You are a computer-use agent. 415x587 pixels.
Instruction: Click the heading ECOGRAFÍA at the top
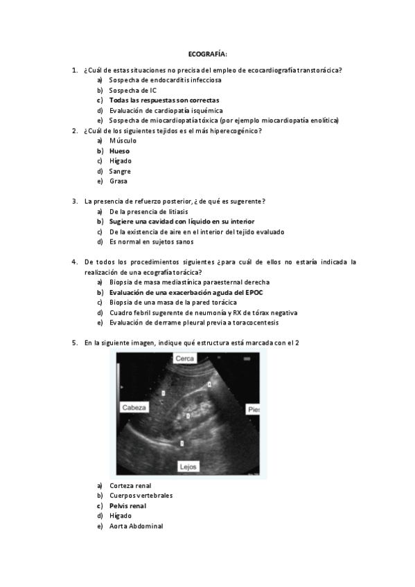[x=207, y=53]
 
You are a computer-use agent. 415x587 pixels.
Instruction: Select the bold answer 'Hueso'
[x=119, y=150]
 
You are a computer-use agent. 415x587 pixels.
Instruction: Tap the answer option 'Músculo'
[x=123, y=141]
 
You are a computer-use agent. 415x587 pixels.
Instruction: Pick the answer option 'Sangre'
[x=120, y=171]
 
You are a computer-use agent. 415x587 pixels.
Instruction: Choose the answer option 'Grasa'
[x=118, y=181]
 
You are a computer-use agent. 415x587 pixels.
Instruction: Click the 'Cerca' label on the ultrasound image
[x=184, y=359]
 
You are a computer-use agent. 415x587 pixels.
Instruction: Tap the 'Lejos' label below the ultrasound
[x=188, y=467]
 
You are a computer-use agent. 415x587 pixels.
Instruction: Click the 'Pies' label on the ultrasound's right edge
[x=254, y=410]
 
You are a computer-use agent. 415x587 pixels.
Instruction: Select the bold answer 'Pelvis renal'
[x=127, y=505]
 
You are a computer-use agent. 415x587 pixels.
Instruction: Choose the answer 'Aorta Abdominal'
[x=136, y=526]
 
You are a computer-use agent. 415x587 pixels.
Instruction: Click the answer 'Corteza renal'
[x=130, y=485]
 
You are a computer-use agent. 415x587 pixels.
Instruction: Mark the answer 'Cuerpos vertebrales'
[x=141, y=496]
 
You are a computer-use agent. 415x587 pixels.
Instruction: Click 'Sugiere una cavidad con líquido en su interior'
[x=182, y=222]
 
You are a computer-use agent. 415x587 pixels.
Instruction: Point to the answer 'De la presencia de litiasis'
[x=148, y=211]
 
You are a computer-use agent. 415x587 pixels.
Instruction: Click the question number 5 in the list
[x=74, y=343]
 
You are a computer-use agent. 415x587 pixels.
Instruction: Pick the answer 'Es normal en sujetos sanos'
[x=152, y=242]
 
